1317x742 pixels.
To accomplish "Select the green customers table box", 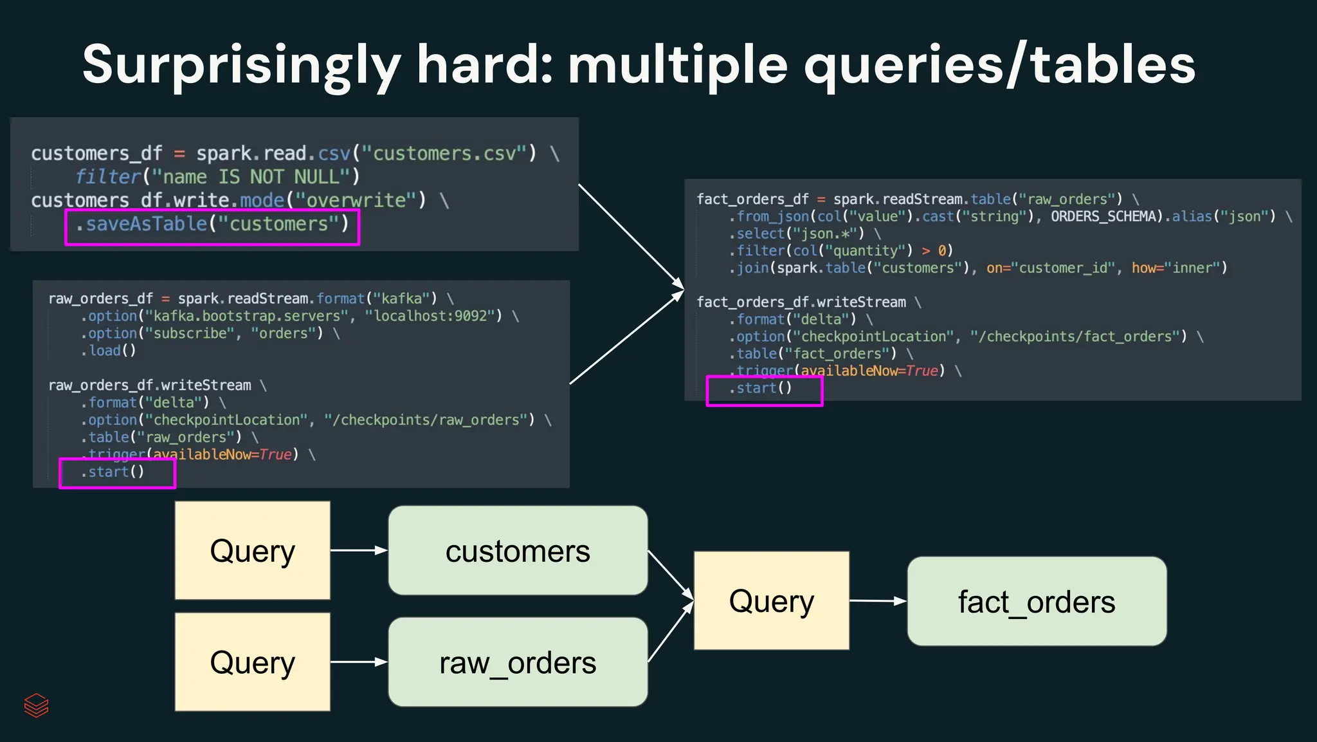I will pyautogui.click(x=518, y=551).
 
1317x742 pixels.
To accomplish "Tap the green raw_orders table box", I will pyautogui.click(x=518, y=662).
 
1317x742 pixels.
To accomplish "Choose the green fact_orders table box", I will pyautogui.click(x=1037, y=602).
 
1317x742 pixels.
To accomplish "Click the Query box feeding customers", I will pyautogui.click(x=252, y=551).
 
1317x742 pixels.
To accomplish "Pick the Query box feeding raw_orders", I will pyautogui.click(x=252, y=662).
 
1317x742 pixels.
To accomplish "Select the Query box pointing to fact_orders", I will pyautogui.click(x=771, y=601).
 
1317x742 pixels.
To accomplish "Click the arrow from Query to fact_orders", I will pyautogui.click(x=878, y=601).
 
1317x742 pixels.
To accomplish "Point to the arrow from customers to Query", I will pyautogui.click(x=670, y=575).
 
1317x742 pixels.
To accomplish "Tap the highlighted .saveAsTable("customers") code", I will pyautogui.click(x=212, y=225).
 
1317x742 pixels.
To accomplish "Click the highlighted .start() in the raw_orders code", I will pyautogui.click(x=116, y=472).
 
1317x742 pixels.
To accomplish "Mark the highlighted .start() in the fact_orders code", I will pyautogui.click(x=764, y=389).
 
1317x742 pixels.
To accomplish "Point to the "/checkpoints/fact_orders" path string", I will pyautogui.click(x=1078, y=337).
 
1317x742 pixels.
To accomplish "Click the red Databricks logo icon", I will pyautogui.click(x=36, y=705).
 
